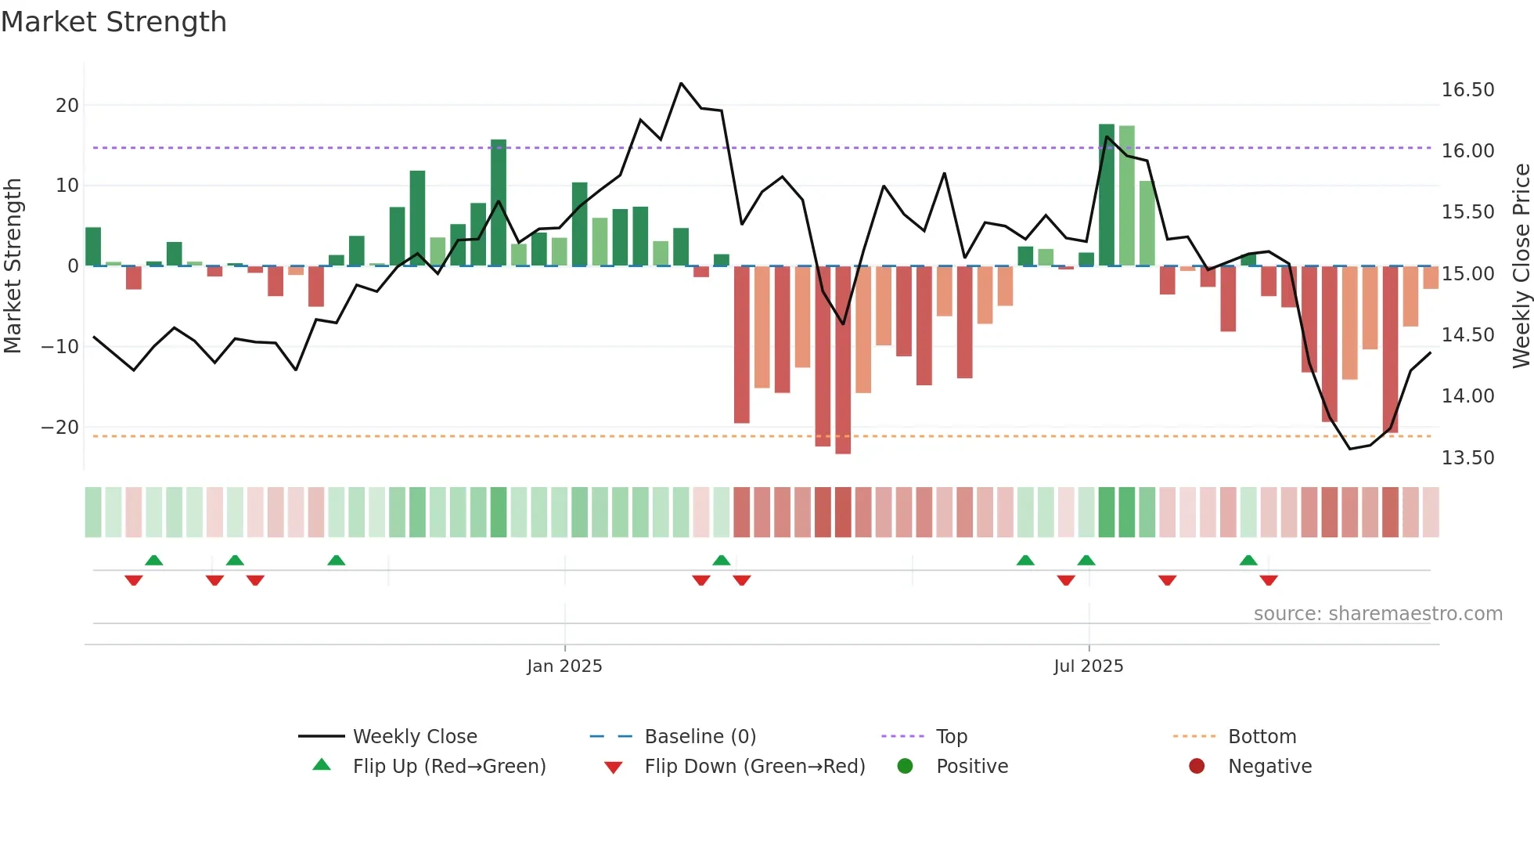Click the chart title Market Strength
pyautogui.click(x=113, y=22)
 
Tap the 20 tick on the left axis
pyautogui.click(x=67, y=106)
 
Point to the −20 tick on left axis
pyautogui.click(x=60, y=428)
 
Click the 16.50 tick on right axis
pyautogui.click(x=1467, y=90)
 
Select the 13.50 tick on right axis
pyautogui.click(x=1467, y=458)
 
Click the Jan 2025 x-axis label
pyautogui.click(x=564, y=666)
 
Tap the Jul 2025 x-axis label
pyautogui.click(x=1088, y=666)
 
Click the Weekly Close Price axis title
pyautogui.click(x=1521, y=266)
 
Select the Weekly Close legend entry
pyautogui.click(x=414, y=737)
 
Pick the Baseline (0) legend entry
pyautogui.click(x=700, y=737)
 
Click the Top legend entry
pyautogui.click(x=951, y=737)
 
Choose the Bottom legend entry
pyautogui.click(x=1262, y=737)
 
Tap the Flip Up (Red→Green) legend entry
pyautogui.click(x=448, y=767)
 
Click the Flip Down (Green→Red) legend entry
pyautogui.click(x=754, y=767)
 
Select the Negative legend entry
pyautogui.click(x=1269, y=767)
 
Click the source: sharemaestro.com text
pyautogui.click(x=1377, y=614)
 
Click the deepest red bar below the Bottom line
pyautogui.click(x=843, y=360)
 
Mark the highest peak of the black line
pyautogui.click(x=681, y=83)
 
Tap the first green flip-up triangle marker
pyautogui.click(x=154, y=560)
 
